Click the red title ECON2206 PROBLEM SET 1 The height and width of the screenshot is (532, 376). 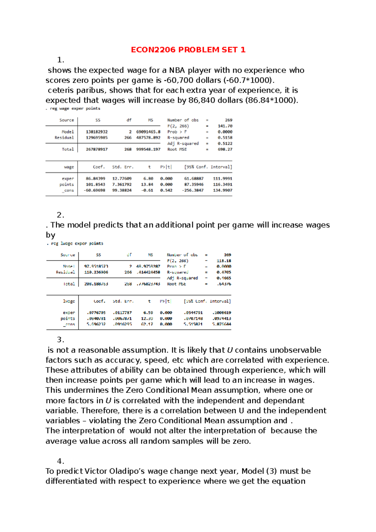pyautogui.click(x=188, y=50)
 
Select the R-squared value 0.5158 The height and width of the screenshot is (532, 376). pyautogui.click(x=225, y=138)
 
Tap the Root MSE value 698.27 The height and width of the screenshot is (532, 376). pyautogui.click(x=225, y=149)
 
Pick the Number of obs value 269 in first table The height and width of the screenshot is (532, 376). pyautogui.click(x=228, y=120)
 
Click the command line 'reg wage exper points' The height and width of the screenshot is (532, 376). pyautogui.click(x=75, y=108)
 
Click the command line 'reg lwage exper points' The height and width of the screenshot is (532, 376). pyautogui.click(x=77, y=243)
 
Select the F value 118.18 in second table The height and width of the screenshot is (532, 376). pyautogui.click(x=224, y=261)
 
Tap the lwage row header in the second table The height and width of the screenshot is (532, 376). pyautogui.click(x=69, y=301)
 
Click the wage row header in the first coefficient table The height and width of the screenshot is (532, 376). pyautogui.click(x=69, y=167)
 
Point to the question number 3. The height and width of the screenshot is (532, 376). pyautogui.click(x=60, y=340)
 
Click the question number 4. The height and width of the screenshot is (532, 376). pyautogui.click(x=60, y=461)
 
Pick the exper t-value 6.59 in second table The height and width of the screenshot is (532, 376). pyautogui.click(x=148, y=313)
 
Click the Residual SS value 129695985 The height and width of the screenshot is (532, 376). pyautogui.click(x=97, y=138)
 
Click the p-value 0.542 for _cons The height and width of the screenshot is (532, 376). pyautogui.click(x=166, y=190)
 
